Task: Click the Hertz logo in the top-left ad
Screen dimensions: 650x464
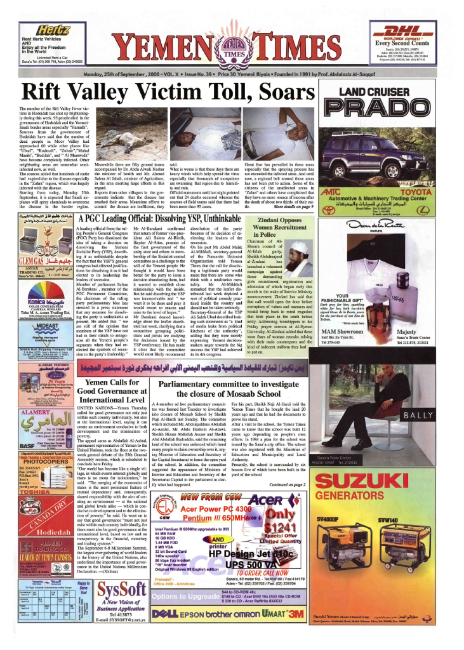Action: (x=55, y=30)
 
